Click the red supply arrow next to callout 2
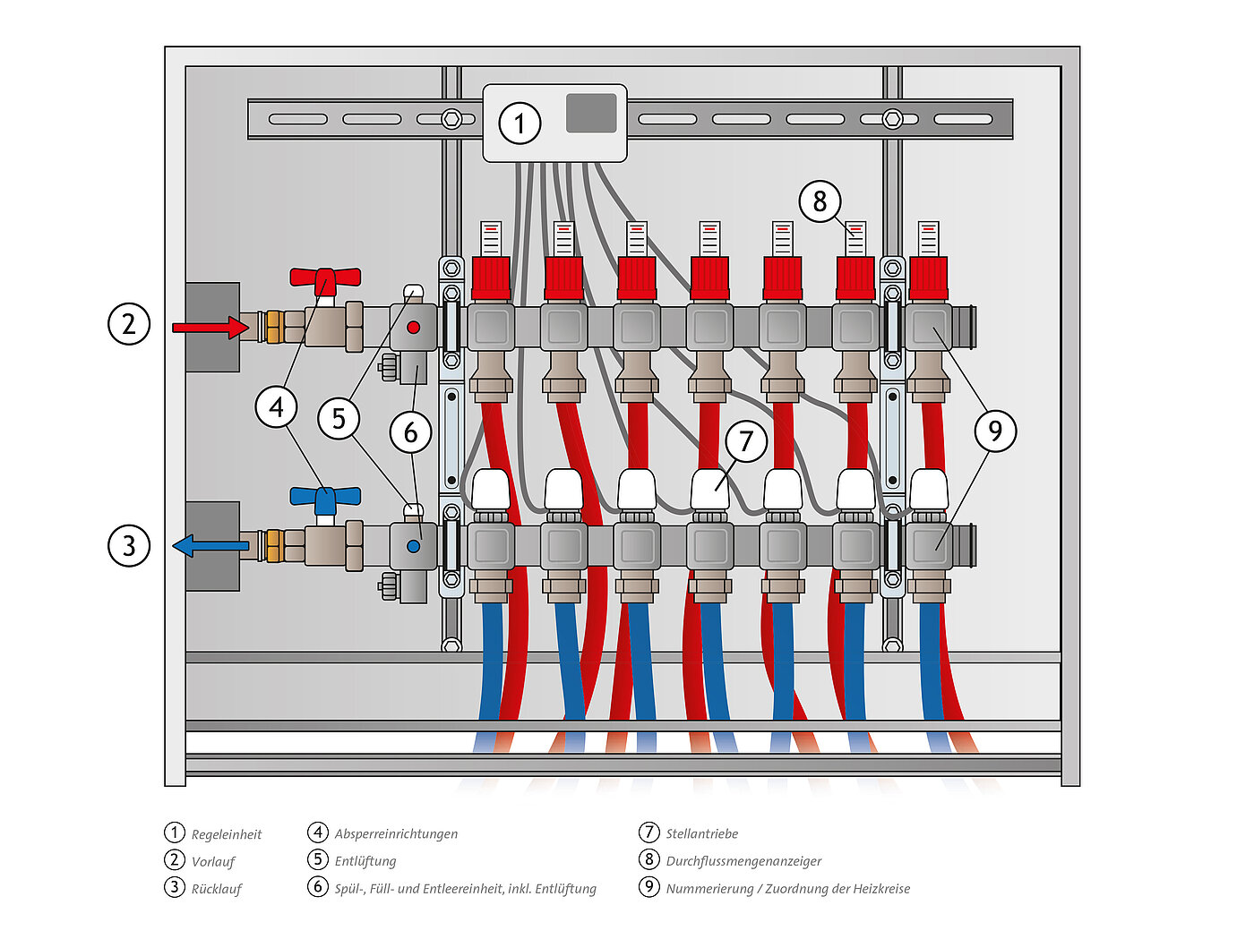tap(210, 327)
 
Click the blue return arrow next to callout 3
tap(210, 546)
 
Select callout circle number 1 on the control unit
tap(520, 124)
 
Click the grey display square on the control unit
tap(590, 113)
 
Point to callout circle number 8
tap(820, 201)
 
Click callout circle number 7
tap(746, 441)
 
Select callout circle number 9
tap(995, 431)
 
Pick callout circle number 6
tap(411, 432)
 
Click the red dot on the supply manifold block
tap(414, 327)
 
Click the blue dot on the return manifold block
tap(414, 546)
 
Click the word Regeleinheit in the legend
tap(227, 834)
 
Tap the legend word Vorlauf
tap(213, 861)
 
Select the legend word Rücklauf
tap(217, 889)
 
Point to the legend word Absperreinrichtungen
tap(396, 834)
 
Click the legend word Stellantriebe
tap(701, 834)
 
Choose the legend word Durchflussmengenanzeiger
tap(743, 861)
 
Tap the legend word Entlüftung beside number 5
tap(365, 861)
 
